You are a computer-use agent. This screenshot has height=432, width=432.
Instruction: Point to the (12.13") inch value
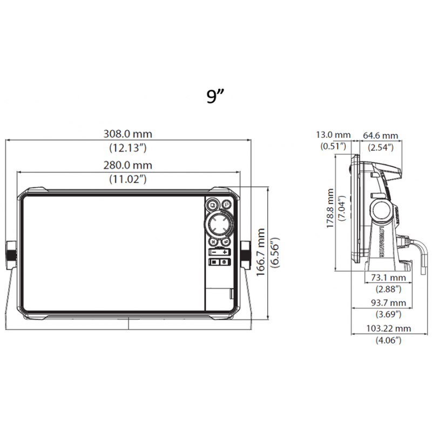[128, 147]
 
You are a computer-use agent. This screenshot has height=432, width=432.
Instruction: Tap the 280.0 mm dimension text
[128, 165]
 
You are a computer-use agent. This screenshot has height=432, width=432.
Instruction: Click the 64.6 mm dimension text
[380, 135]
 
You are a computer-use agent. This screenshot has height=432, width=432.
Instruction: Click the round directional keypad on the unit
[219, 223]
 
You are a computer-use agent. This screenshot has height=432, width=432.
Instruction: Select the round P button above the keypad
[226, 205]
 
